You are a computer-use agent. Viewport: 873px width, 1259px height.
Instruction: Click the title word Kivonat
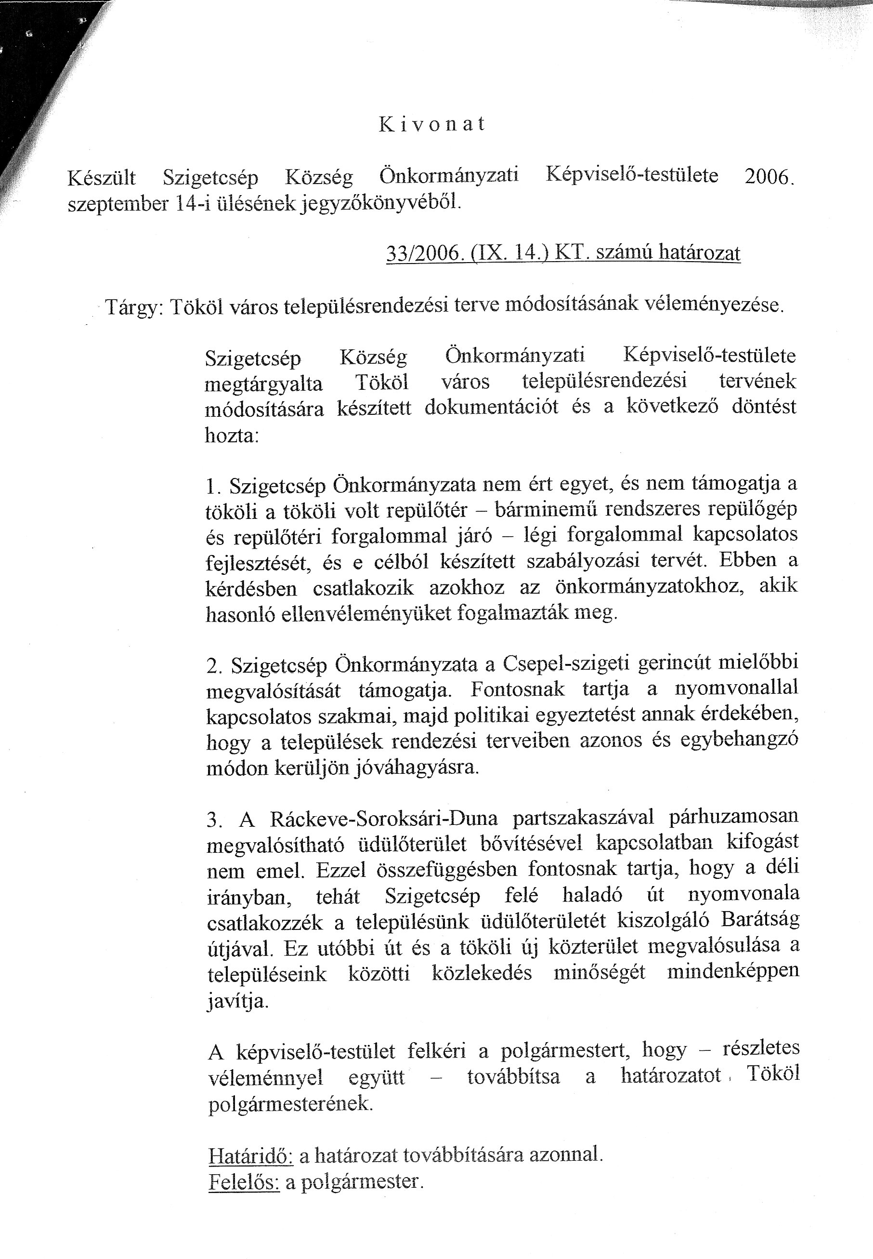point(431,125)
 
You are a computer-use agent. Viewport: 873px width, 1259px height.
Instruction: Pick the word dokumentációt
point(491,408)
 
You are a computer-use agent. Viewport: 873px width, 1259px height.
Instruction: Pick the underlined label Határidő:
point(250,1155)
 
